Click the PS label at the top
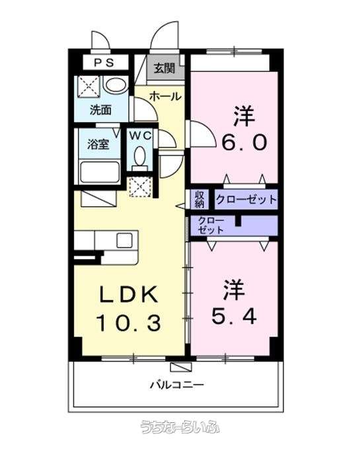point(104,63)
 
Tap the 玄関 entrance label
point(164,68)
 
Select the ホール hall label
point(166,96)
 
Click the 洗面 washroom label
point(100,110)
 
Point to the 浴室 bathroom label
point(98,144)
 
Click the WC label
point(140,135)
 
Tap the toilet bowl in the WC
point(140,157)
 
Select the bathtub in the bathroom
point(100,172)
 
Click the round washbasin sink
point(116,85)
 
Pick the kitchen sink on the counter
point(124,241)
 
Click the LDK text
point(128,294)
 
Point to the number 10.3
point(128,323)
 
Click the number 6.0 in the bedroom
point(244,143)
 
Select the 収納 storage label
point(200,199)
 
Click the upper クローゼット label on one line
point(246,199)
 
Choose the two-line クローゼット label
point(211,225)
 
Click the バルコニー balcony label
point(178,385)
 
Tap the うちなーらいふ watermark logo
point(180,427)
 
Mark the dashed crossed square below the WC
point(140,187)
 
